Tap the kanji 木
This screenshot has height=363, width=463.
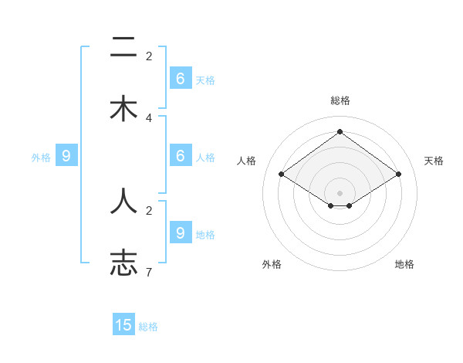point(123,109)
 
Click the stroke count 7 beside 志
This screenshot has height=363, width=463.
point(149,272)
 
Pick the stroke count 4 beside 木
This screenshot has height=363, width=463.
point(149,118)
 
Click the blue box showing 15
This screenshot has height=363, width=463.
point(123,325)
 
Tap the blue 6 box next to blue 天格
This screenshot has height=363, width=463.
point(181,78)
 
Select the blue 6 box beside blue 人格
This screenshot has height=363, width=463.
point(181,155)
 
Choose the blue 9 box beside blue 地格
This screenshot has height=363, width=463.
point(181,232)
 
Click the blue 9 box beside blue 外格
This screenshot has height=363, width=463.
point(66,155)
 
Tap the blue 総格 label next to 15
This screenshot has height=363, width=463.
point(148,327)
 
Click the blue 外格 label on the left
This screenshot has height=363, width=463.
point(41,158)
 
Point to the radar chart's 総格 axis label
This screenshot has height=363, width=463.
point(340,100)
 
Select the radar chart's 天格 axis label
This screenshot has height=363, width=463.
point(434,161)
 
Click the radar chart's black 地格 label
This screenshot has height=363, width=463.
point(404,264)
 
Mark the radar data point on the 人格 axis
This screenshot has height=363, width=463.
point(282,175)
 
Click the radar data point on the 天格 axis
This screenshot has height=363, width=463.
point(398,175)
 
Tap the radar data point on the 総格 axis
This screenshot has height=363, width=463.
point(340,132)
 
